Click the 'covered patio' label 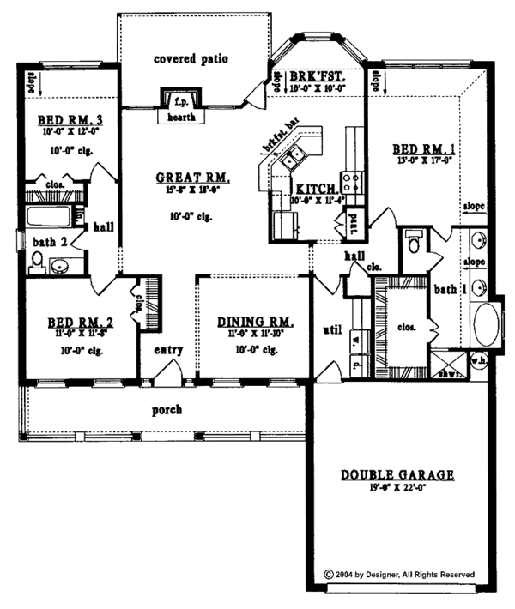pos(191,59)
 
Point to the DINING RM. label pos(256,322)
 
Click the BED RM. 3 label pos(59,119)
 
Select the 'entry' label pos(169,351)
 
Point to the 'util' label pos(330,328)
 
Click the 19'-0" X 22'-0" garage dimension pos(397,488)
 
